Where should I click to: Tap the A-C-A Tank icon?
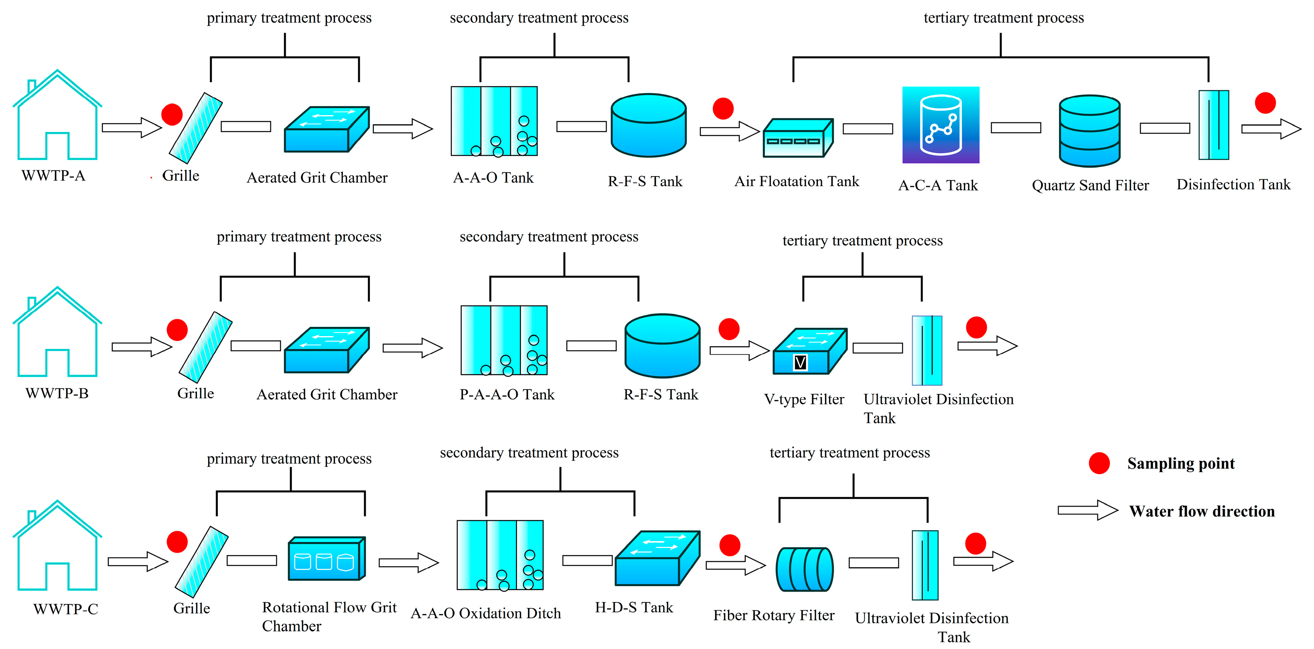940,125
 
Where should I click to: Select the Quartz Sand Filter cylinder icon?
1089,131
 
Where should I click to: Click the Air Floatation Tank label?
796,182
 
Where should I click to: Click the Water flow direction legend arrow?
1087,510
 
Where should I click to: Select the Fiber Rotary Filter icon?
805,569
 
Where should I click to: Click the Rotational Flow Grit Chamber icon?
326,559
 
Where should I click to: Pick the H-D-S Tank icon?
657,558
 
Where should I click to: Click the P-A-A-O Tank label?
507,394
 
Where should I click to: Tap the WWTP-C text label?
65,609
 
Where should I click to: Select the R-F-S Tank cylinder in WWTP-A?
648,125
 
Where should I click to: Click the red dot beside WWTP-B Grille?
177,330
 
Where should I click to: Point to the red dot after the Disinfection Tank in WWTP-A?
1265,103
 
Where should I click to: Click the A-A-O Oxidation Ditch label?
486,613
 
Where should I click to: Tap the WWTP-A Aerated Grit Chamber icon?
326,130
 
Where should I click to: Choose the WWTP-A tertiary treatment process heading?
1004,18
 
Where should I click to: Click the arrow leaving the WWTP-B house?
141,347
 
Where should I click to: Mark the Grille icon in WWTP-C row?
201,562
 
